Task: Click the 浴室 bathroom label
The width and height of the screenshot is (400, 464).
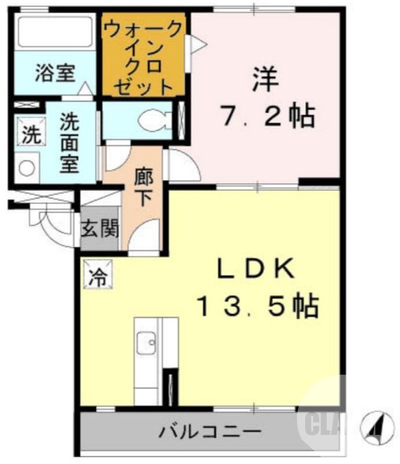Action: tap(55, 74)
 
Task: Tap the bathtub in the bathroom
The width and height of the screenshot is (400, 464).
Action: tap(54, 32)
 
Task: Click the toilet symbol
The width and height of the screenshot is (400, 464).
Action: tap(156, 121)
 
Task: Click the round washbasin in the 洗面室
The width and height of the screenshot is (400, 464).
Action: tap(27, 168)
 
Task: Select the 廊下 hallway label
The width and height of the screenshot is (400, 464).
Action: tap(143, 186)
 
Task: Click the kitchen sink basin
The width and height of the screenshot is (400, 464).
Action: tap(147, 343)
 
